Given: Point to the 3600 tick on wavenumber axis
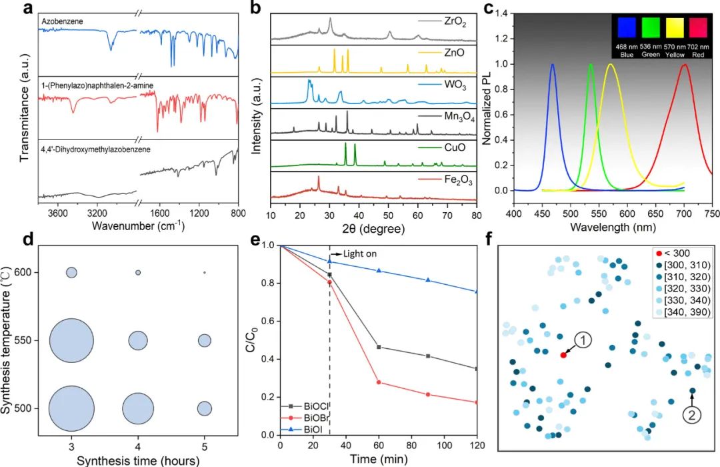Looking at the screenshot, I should click(x=57, y=212).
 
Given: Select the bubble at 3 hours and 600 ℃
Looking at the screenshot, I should click(x=71, y=272).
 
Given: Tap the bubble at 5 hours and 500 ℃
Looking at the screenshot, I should click(x=204, y=408).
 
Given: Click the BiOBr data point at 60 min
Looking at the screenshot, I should click(x=379, y=382).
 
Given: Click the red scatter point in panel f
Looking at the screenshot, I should click(x=563, y=355).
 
